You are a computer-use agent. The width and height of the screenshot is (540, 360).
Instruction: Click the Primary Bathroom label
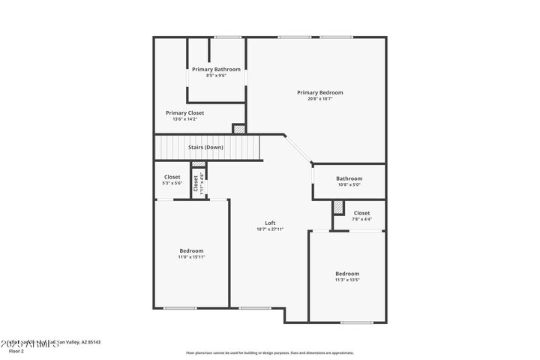pos(216,69)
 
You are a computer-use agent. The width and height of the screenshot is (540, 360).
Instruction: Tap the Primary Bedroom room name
pos(319,92)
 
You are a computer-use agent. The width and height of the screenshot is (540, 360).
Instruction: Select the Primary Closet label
pos(184,112)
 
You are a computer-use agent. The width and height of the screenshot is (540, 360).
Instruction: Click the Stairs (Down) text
pos(205,147)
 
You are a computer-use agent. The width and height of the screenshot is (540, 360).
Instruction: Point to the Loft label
pos(270,223)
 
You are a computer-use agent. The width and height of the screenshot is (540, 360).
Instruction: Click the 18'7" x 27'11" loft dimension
pos(270,229)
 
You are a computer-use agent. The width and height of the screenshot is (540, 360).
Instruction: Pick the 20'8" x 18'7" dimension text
pos(319,98)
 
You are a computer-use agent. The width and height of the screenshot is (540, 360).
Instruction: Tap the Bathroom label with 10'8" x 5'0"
pos(349,178)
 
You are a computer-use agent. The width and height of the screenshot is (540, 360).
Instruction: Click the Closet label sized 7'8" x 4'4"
pos(361,213)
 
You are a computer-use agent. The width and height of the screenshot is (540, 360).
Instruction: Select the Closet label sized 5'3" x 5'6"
pos(172,177)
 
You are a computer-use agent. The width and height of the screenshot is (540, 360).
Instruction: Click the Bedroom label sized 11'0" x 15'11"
pos(191,250)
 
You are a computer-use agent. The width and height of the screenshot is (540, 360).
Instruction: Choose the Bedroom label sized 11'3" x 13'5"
pos(347,274)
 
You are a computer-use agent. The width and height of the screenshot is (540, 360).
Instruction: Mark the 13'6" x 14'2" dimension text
pos(184,118)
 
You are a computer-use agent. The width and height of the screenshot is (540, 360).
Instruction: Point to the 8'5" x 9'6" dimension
pos(216,75)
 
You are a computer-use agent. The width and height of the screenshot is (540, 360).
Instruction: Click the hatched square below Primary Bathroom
pos(238,129)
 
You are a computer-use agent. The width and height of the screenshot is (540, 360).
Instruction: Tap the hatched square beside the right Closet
pos(338,206)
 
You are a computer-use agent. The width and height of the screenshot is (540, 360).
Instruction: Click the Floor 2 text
pos(17,350)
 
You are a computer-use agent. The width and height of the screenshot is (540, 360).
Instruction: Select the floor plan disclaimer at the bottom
pos(270,352)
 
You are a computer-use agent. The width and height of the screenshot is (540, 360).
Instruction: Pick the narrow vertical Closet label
pos(196,182)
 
